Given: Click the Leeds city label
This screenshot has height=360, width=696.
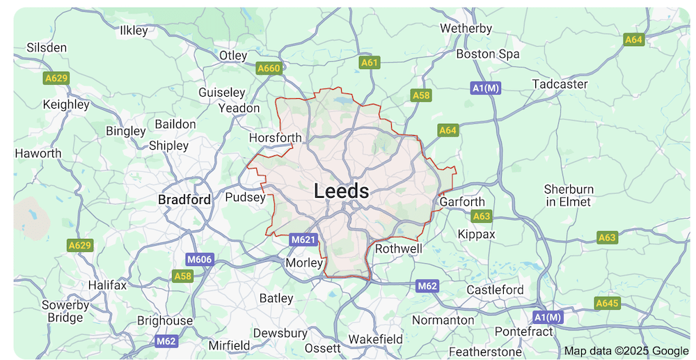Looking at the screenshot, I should (x=341, y=191).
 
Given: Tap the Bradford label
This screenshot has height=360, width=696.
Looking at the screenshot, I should (x=184, y=199).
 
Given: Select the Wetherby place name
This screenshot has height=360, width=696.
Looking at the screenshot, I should (x=466, y=29).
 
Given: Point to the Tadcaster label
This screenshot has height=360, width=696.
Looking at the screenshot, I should (x=560, y=84).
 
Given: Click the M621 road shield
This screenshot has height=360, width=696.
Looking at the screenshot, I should (x=303, y=240).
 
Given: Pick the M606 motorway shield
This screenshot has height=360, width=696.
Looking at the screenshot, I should (x=199, y=260).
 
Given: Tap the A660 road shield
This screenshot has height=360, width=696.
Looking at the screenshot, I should (x=269, y=68).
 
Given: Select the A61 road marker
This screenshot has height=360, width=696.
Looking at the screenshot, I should (x=370, y=63).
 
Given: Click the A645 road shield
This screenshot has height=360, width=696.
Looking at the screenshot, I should (x=608, y=303).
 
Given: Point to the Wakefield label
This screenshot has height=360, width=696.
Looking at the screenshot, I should (x=375, y=339).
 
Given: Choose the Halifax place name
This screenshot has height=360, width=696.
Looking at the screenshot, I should (x=107, y=285).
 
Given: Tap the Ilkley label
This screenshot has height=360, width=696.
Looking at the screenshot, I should (x=134, y=31).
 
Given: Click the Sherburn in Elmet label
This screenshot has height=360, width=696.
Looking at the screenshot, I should (x=569, y=196).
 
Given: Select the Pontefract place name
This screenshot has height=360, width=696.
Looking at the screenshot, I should (x=523, y=331).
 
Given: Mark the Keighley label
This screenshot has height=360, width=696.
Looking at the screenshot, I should (x=66, y=104).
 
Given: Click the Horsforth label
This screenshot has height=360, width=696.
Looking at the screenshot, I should (x=276, y=138).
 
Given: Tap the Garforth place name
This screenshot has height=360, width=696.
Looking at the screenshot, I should (x=462, y=202).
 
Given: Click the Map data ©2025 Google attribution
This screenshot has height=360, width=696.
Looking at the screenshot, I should (x=626, y=351).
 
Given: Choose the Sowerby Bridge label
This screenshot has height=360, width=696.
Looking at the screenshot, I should (x=65, y=311).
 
